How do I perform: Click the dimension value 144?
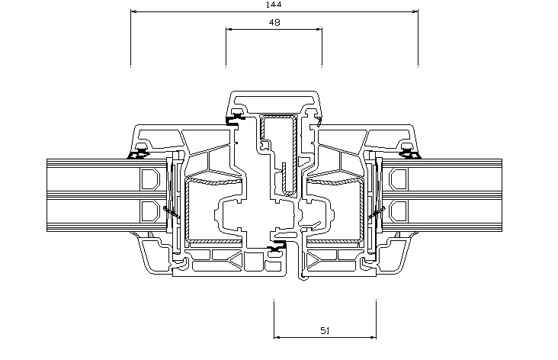coord(274,5)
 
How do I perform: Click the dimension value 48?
coord(274,22)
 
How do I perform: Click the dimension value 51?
coord(325,331)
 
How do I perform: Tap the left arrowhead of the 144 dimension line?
coord(134,11)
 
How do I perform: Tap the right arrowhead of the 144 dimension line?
coord(415,11)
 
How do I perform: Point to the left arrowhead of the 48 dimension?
coord(229,29)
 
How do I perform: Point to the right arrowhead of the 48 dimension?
coord(319,29)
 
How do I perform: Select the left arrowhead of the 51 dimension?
coord(277,337)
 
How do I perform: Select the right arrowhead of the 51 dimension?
coord(373,337)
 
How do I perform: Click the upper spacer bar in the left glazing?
coord(150,179)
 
